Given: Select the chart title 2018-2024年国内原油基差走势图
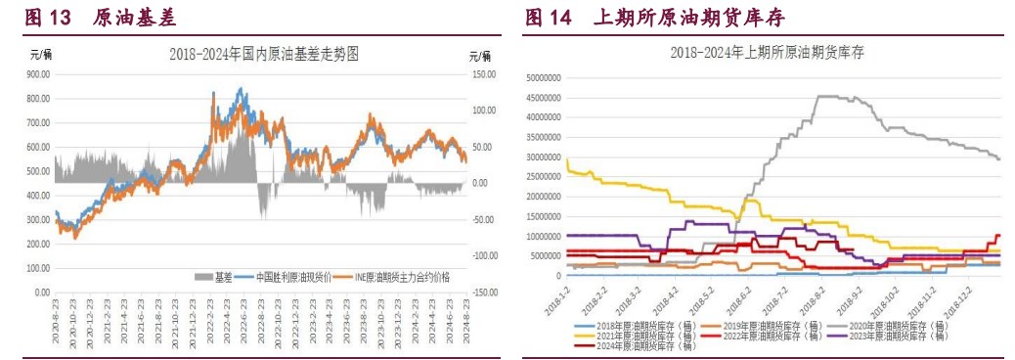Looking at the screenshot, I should (264, 55).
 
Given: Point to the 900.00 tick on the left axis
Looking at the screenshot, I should (38, 74).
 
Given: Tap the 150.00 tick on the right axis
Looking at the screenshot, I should (486, 74).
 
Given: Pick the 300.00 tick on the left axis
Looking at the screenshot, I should (38, 219).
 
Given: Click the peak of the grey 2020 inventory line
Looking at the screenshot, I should (831, 96).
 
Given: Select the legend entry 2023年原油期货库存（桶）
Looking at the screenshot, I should (891, 336).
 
